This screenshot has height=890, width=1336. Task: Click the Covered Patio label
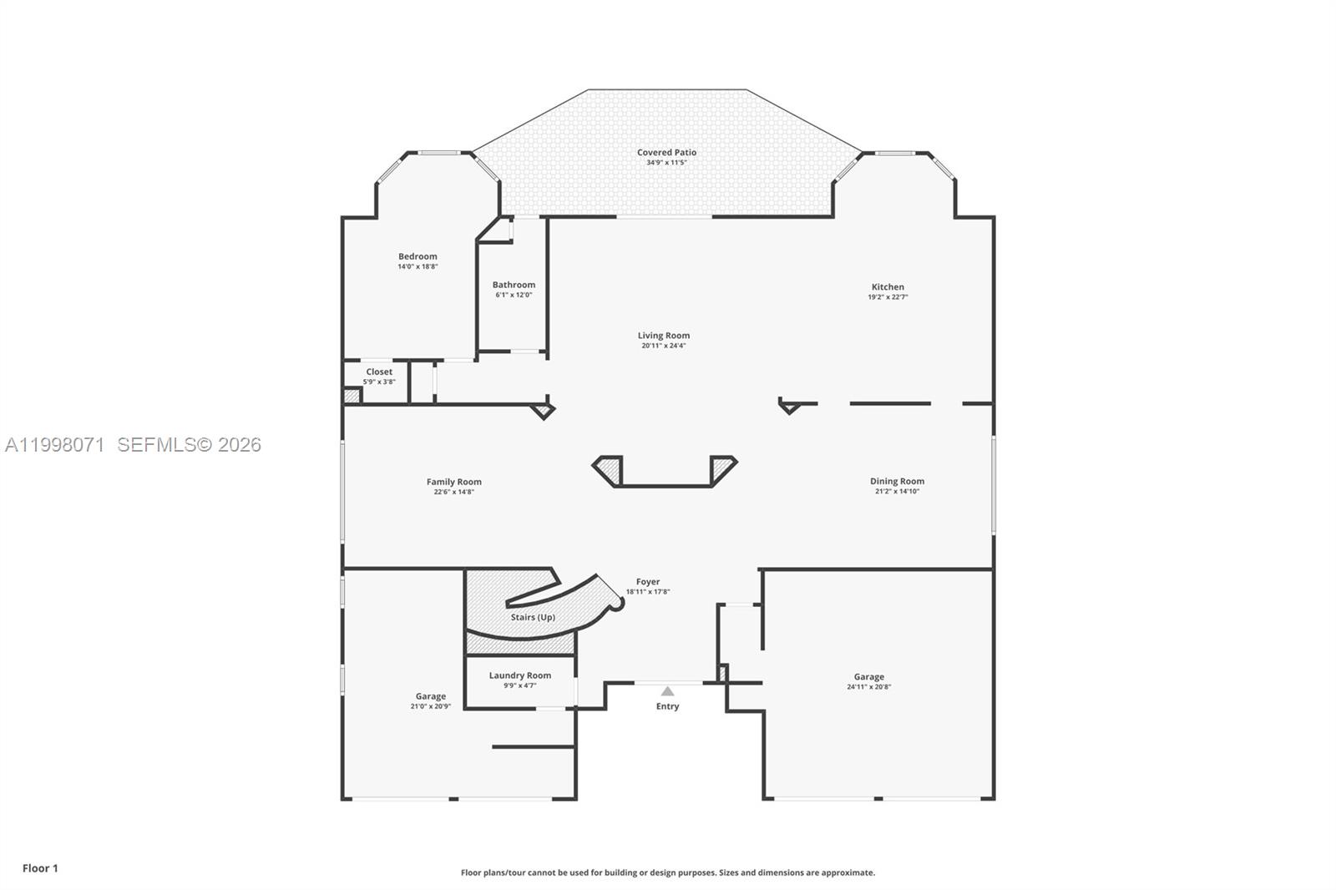tap(666, 153)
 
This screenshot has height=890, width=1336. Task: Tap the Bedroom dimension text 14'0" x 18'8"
tap(417, 267)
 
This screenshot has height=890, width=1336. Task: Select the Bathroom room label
tap(514, 285)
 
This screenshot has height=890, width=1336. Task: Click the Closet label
tap(379, 372)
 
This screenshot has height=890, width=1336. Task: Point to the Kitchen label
tap(888, 287)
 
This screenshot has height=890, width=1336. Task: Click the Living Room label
tap(664, 336)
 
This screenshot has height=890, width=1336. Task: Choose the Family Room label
tap(453, 482)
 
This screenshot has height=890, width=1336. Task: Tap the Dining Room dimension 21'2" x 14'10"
tap(897, 492)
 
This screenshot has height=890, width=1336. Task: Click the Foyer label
tap(648, 582)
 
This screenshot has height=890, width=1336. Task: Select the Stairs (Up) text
tap(533, 618)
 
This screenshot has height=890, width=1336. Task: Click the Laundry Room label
tap(519, 675)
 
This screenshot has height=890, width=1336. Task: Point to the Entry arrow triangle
tap(667, 691)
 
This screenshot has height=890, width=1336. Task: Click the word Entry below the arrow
tap(667, 706)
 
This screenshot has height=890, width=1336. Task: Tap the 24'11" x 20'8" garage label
tap(868, 687)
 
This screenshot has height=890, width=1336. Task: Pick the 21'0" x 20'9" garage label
tap(430, 706)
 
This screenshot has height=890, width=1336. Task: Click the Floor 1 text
tap(40, 868)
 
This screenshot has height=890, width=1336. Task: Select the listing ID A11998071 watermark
tap(55, 445)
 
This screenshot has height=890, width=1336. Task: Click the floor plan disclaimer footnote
tap(668, 872)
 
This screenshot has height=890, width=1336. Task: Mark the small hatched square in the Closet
tap(352, 397)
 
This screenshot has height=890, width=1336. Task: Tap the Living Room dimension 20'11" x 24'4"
tap(664, 346)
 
